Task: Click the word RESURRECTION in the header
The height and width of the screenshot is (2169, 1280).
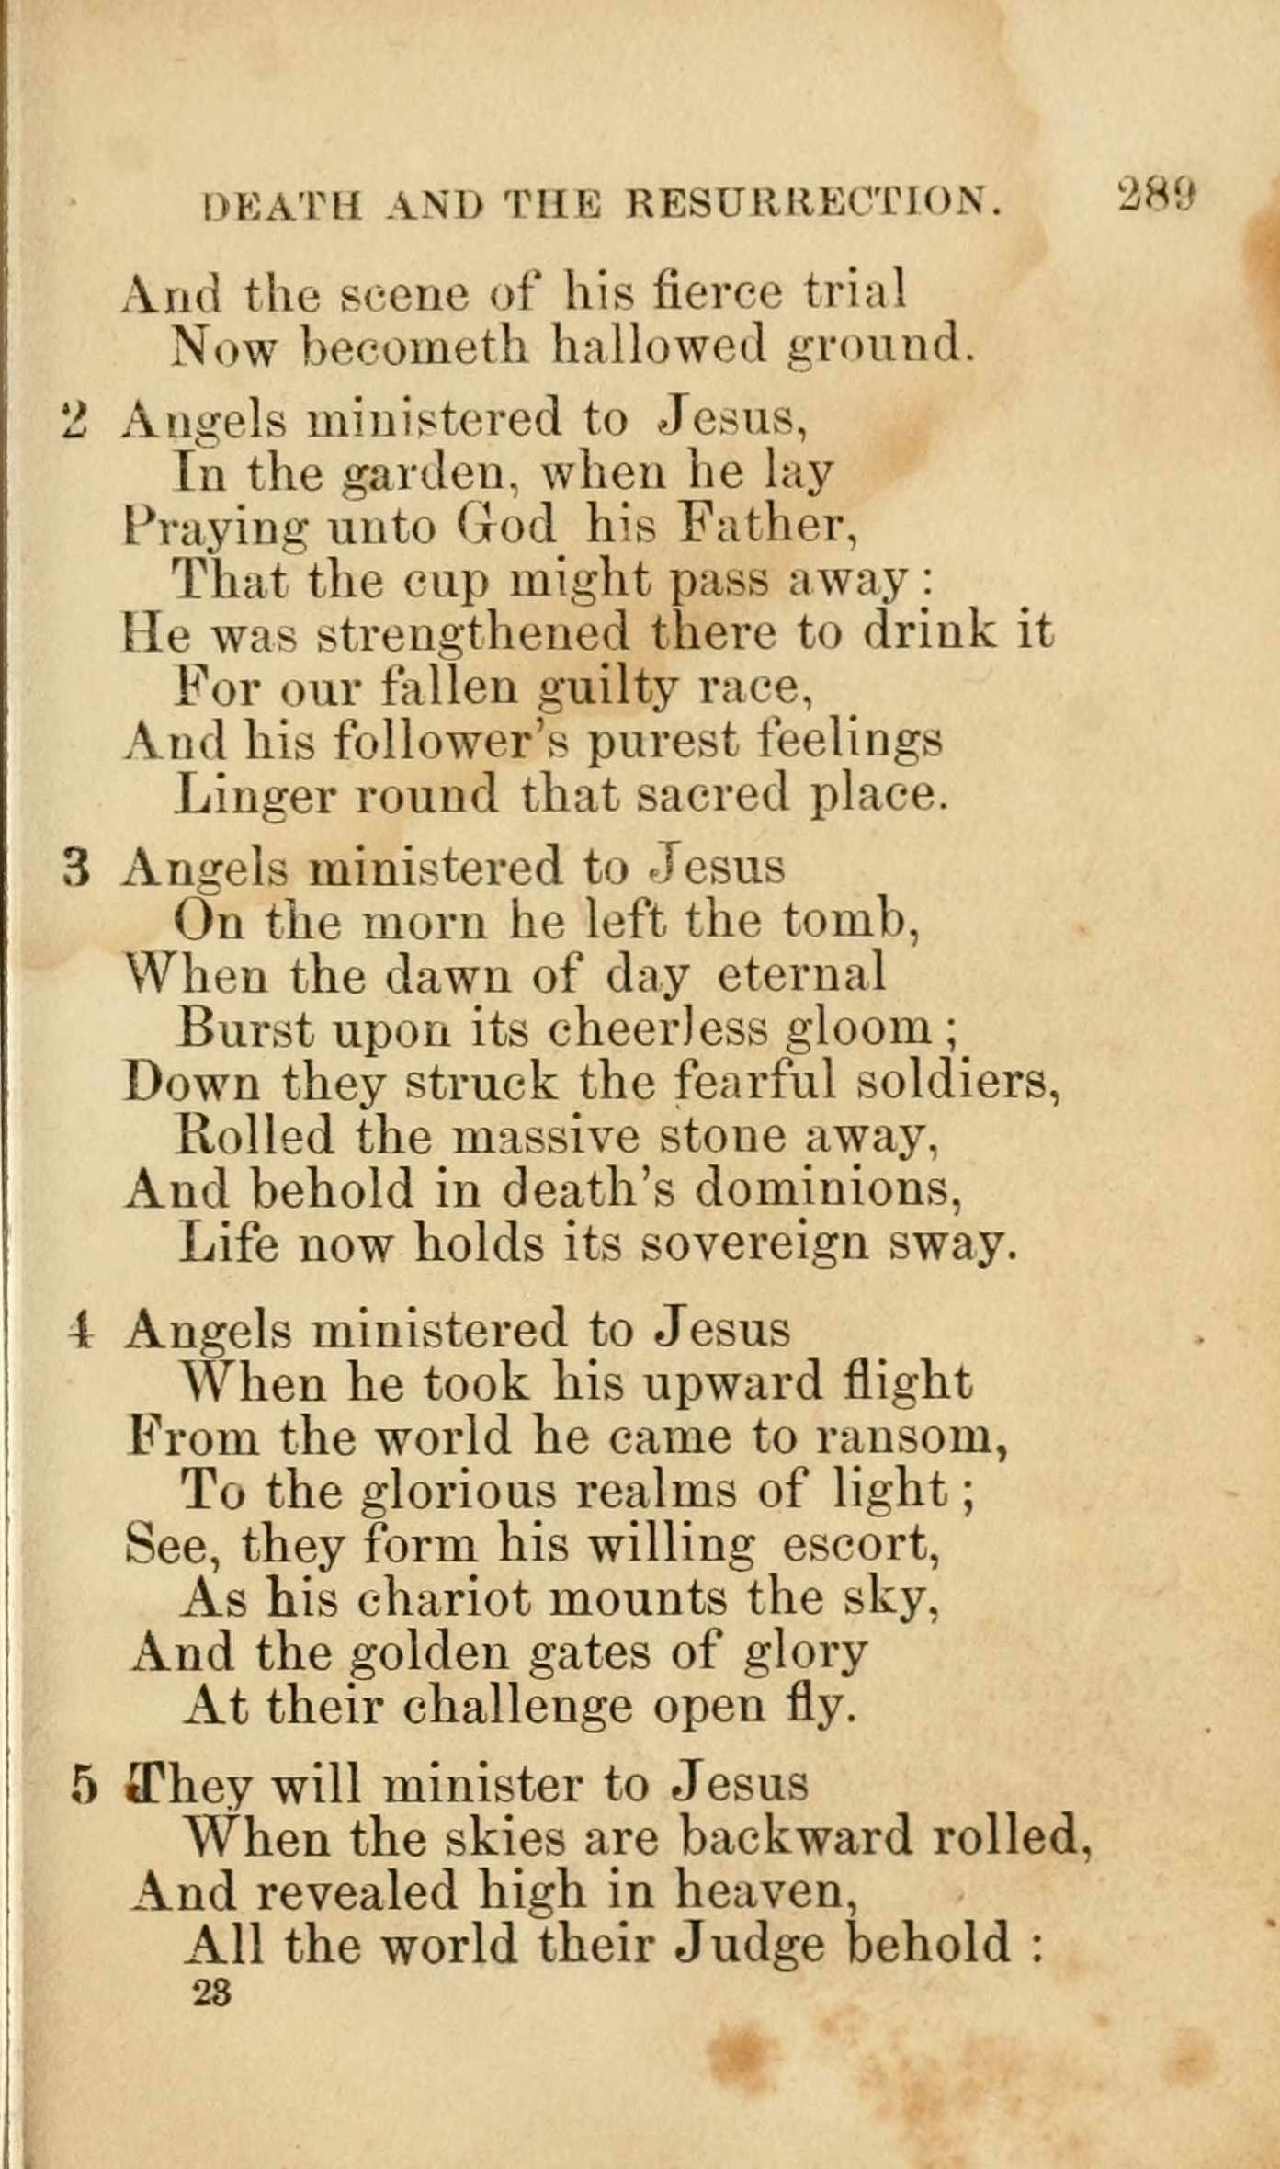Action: click(812, 203)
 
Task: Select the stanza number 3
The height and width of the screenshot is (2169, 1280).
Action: click(78, 868)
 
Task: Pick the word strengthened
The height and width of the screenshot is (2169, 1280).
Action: click(473, 633)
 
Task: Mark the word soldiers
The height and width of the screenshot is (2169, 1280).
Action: click(958, 1082)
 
